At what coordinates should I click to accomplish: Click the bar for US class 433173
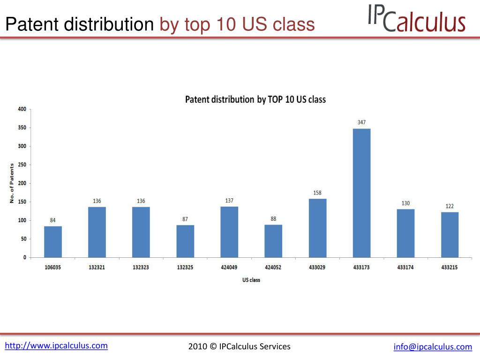coord(361,193)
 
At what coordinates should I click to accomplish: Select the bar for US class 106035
coord(53,242)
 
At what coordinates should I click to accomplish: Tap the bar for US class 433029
coord(317,228)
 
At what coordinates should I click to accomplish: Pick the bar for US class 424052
coord(273,241)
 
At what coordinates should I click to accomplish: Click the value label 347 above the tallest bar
coord(361,122)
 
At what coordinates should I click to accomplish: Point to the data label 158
coord(317,193)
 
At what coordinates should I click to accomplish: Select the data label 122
coord(450,206)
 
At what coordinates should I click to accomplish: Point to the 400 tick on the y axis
coord(22,109)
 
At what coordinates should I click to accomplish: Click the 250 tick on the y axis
coord(22,165)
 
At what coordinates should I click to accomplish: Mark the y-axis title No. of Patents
coord(12,183)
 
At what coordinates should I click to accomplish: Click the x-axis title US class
coord(251,280)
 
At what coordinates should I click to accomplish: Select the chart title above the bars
coord(255,99)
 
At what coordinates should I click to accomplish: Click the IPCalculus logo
coord(416,19)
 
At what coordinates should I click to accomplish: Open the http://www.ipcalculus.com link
coord(56,346)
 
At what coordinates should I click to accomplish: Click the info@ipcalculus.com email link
coord(433,347)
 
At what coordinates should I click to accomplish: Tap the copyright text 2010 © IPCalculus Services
coord(240,346)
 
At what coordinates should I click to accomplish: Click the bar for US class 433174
coord(405,233)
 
